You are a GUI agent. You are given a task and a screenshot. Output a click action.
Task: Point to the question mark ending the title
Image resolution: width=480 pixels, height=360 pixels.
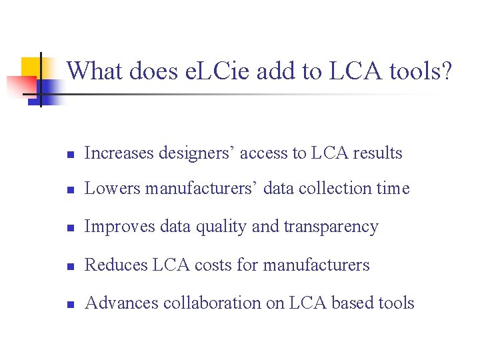(x=445, y=71)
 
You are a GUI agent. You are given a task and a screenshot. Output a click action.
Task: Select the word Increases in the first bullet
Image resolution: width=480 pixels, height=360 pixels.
(x=119, y=153)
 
